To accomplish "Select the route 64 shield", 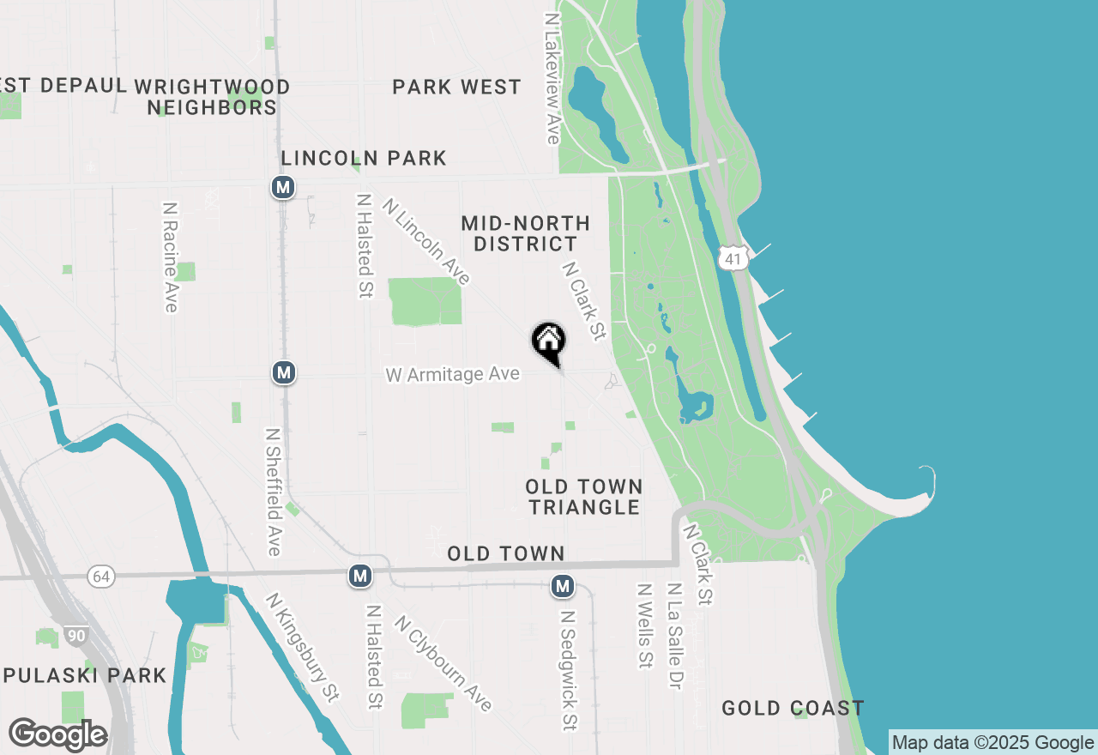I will [101, 577].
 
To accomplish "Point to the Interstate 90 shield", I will [75, 636].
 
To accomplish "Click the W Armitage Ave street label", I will [452, 375].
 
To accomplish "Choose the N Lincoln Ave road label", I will [426, 242].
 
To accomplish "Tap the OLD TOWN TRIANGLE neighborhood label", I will [584, 497].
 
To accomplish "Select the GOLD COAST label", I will [793, 708].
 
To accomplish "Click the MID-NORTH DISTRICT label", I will [525, 233].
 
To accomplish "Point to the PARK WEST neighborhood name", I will [456, 87].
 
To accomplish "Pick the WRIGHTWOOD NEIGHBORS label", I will [212, 97].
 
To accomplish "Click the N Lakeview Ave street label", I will [552, 78].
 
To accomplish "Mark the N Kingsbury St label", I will [302, 647].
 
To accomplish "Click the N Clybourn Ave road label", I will [443, 663].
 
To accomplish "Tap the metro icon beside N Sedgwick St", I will [563, 586].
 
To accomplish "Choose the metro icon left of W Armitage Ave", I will [284, 372].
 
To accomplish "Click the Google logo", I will [57, 734].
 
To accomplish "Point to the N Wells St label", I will [644, 626].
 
